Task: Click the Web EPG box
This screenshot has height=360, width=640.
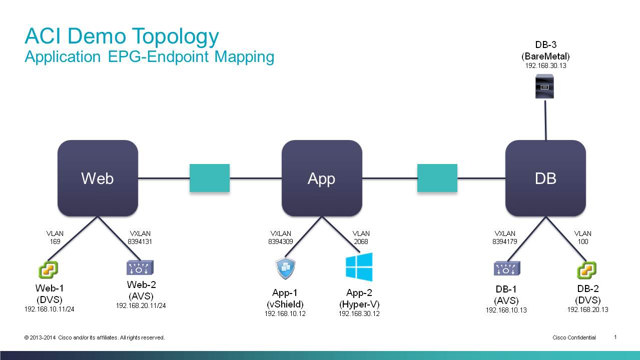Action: (x=98, y=178)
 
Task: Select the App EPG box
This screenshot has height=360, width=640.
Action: (x=322, y=178)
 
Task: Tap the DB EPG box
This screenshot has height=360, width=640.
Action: (x=545, y=178)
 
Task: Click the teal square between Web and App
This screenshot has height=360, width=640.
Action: (x=210, y=178)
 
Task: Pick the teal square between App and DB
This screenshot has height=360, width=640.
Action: (x=437, y=178)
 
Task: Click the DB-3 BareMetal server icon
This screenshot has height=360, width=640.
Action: (x=544, y=86)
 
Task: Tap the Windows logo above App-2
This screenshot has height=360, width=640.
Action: (x=359, y=267)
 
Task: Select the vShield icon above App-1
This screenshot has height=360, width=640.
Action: (x=285, y=268)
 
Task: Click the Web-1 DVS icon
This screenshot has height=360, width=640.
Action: (x=48, y=269)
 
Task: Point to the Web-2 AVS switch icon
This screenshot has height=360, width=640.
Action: (x=140, y=267)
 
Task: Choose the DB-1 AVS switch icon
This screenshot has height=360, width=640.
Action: (x=507, y=268)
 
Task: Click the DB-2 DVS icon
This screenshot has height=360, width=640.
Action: (x=586, y=270)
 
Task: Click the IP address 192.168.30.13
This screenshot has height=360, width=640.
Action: (x=545, y=65)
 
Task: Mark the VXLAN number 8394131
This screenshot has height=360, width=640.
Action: (x=140, y=241)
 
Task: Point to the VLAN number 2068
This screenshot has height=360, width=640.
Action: (x=361, y=241)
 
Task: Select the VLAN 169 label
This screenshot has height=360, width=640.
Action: (x=55, y=237)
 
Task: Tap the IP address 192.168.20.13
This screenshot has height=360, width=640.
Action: (x=588, y=309)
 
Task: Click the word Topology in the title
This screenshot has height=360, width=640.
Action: (x=176, y=36)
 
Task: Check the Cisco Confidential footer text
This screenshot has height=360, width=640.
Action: (x=574, y=337)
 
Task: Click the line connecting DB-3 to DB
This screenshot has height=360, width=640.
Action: (x=545, y=120)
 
